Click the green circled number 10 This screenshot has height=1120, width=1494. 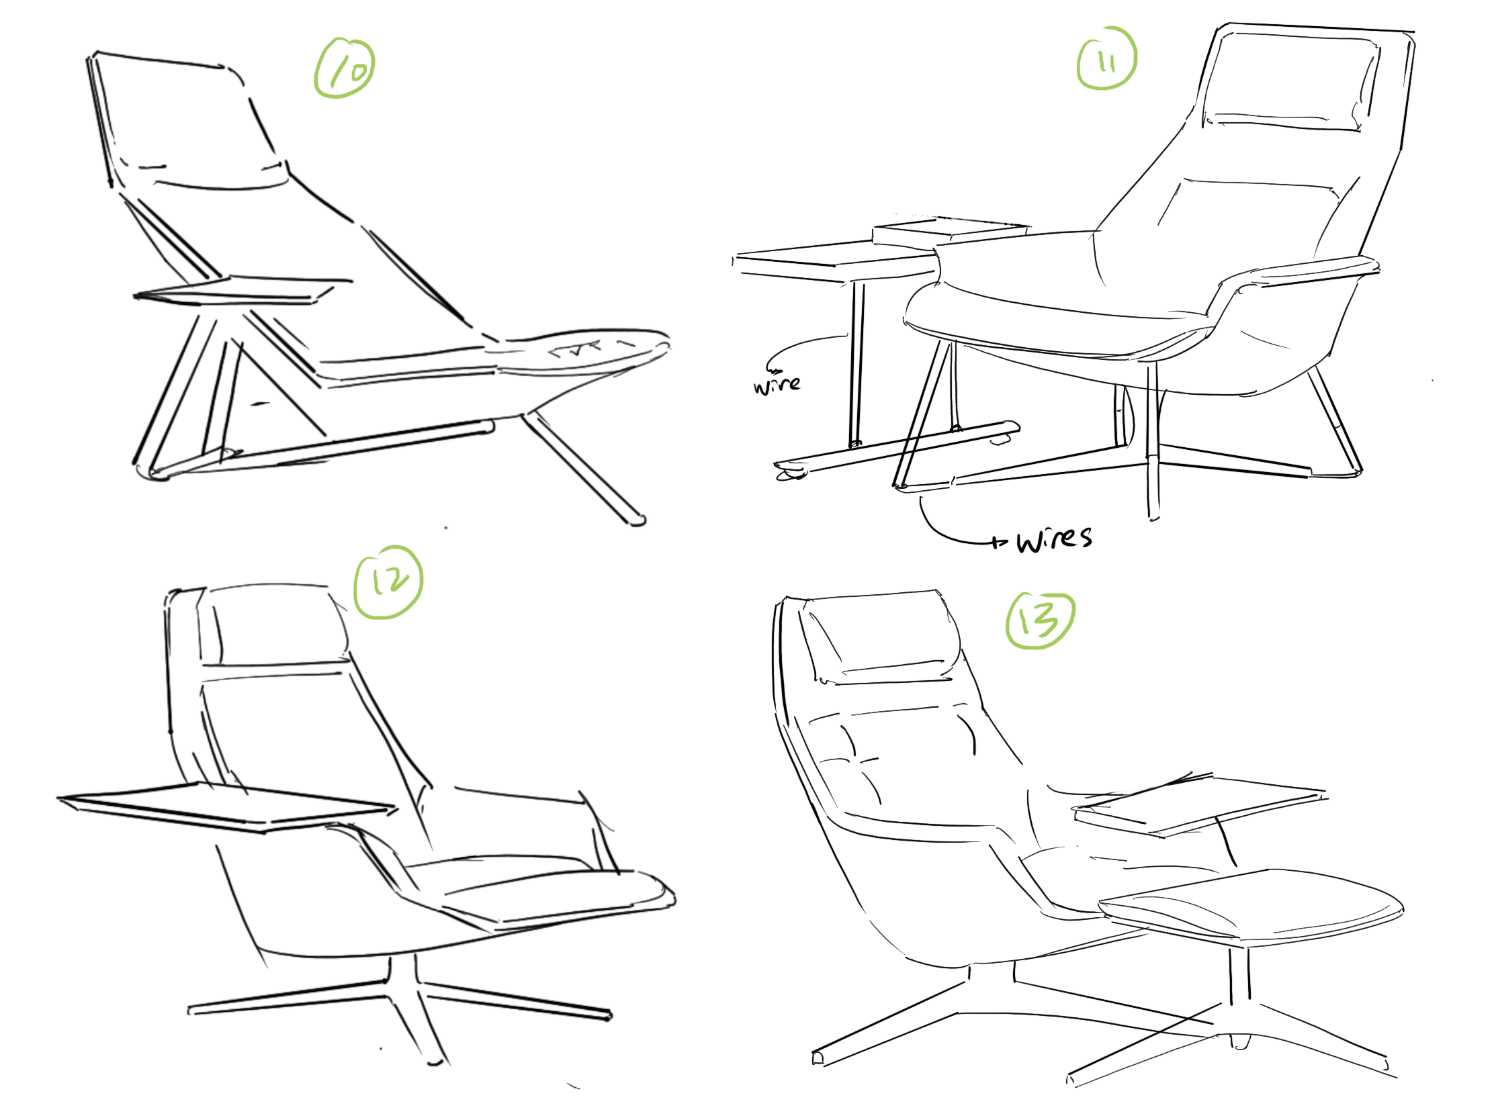tap(344, 68)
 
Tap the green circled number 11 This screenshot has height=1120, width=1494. tap(1106, 58)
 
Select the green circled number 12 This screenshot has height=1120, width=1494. tap(388, 583)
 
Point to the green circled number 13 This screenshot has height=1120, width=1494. tap(1039, 620)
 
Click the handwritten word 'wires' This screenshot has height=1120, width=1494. tap(1053, 539)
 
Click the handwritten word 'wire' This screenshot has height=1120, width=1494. tap(777, 384)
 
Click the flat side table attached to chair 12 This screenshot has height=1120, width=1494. tap(226, 806)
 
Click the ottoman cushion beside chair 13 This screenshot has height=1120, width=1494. tap(1249, 904)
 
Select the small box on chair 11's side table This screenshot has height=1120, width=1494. tap(949, 230)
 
